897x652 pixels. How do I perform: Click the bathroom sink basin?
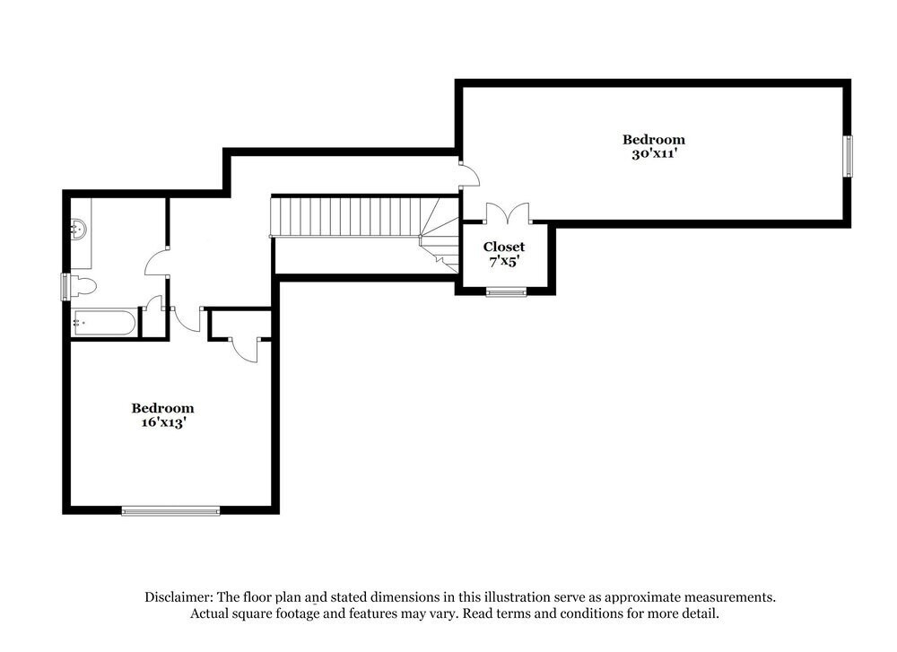79,230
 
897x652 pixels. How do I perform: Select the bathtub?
104,323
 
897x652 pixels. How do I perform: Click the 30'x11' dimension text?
654,153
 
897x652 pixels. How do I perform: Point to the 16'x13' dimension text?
162,423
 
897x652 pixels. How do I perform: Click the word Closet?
504,247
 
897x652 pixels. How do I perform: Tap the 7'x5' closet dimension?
504,262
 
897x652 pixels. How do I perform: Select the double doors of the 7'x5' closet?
508,214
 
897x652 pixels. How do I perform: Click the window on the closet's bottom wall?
507,291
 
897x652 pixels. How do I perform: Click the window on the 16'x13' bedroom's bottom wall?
170,511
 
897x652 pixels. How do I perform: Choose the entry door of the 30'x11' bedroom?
468,176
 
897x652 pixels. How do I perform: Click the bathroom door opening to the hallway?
158,262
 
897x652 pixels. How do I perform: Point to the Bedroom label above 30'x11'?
654,139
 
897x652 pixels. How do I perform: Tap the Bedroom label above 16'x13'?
162,408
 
